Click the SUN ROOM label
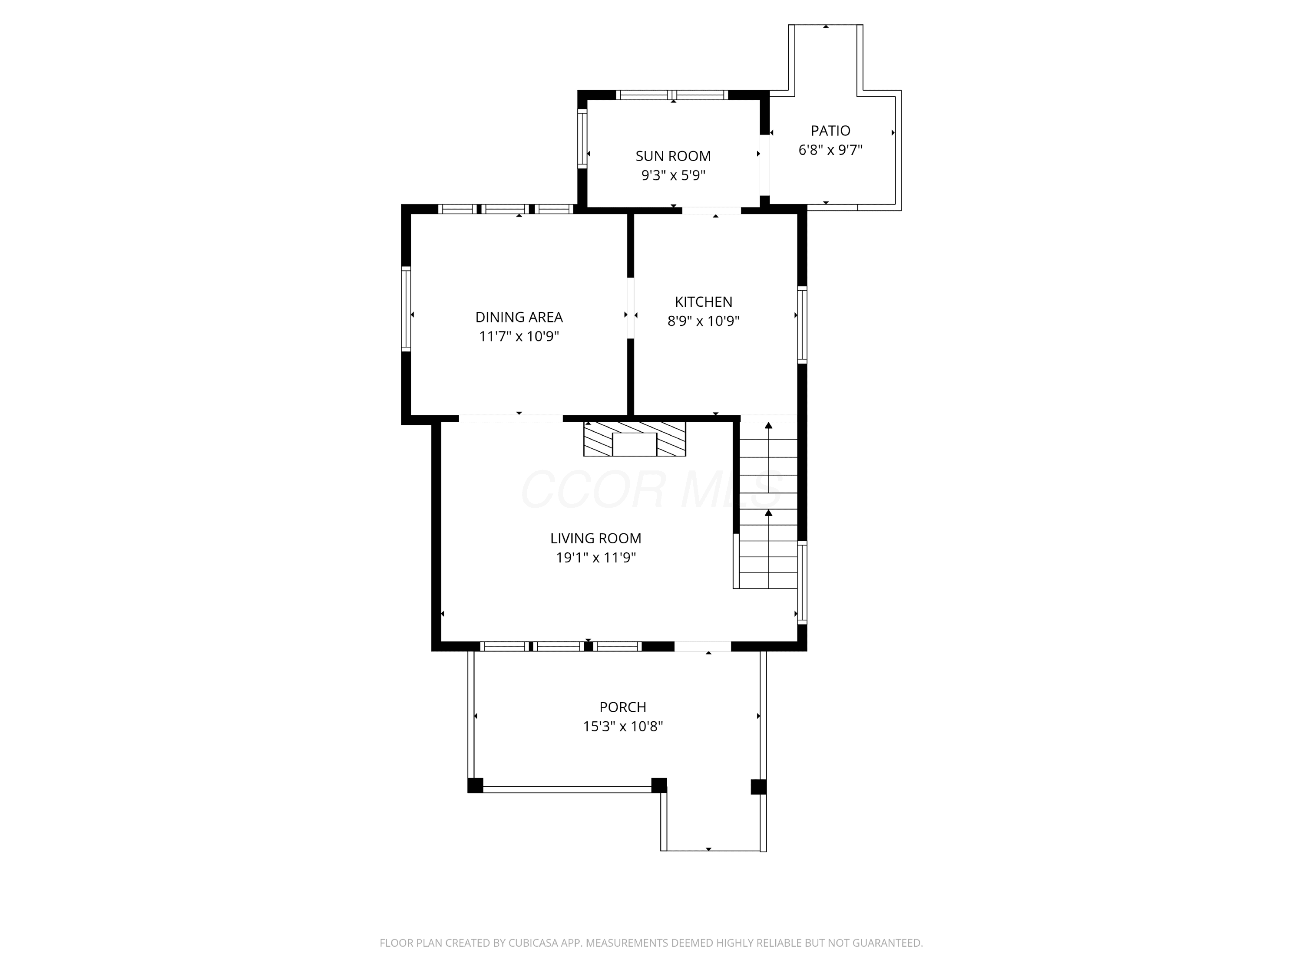pyautogui.click(x=673, y=156)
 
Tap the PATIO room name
pyautogui.click(x=830, y=131)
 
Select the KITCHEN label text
pyautogui.click(x=703, y=302)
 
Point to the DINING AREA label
pyautogui.click(x=519, y=317)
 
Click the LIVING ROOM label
pyautogui.click(x=595, y=538)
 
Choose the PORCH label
pyautogui.click(x=623, y=707)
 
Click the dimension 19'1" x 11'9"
pyautogui.click(x=595, y=558)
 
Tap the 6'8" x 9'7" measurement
pyautogui.click(x=830, y=150)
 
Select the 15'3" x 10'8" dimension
pyautogui.click(x=623, y=726)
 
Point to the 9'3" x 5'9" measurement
pyautogui.click(x=673, y=175)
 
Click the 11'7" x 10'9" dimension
pyautogui.click(x=519, y=337)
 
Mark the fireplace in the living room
pyautogui.click(x=635, y=439)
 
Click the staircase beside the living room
pyautogui.click(x=768, y=504)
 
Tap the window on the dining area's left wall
pyautogui.click(x=406, y=309)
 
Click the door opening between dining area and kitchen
pyautogui.click(x=630, y=308)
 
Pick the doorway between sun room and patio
pyautogui.click(x=764, y=165)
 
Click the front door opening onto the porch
pyautogui.click(x=703, y=646)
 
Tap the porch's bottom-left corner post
pyautogui.click(x=475, y=785)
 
